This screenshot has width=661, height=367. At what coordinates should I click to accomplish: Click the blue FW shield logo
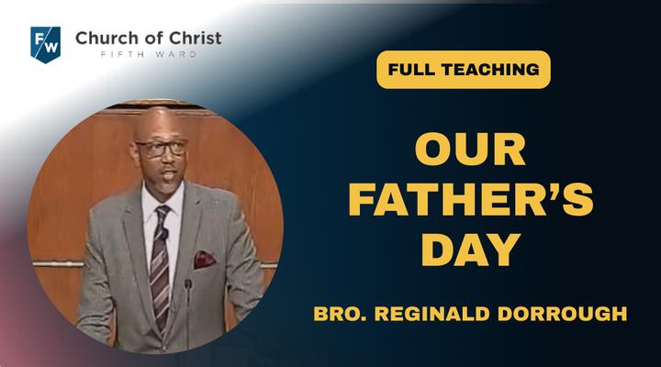click(46, 45)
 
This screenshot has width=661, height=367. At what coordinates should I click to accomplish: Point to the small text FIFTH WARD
click(149, 54)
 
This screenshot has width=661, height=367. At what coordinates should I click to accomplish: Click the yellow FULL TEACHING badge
click(464, 70)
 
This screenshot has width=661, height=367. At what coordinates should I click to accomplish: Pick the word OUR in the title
click(470, 149)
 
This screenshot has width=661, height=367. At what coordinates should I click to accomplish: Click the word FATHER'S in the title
click(471, 199)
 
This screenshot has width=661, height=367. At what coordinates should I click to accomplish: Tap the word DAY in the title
click(471, 250)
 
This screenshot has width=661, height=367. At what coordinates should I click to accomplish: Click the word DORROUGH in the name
click(563, 314)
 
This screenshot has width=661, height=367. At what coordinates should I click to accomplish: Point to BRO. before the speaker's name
click(340, 314)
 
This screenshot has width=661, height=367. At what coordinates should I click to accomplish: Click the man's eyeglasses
click(161, 149)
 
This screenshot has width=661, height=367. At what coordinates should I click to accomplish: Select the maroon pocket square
click(204, 260)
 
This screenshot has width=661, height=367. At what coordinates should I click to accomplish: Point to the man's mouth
click(170, 174)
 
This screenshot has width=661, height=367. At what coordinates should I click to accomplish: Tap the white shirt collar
click(163, 198)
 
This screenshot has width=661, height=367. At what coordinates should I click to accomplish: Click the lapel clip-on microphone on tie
click(164, 234)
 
